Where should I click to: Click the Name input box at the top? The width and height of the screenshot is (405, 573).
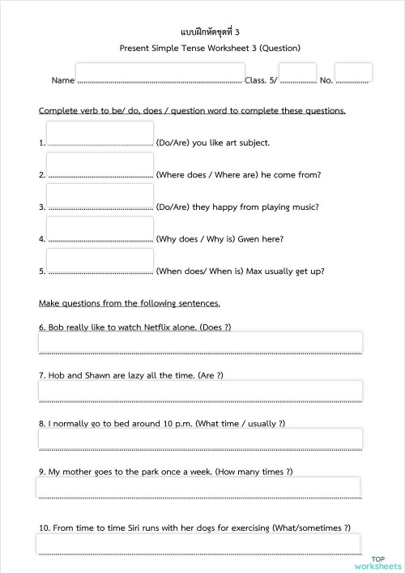(159, 73)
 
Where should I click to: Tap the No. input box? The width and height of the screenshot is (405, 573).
(353, 73)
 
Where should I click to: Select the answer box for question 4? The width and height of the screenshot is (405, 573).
(100, 230)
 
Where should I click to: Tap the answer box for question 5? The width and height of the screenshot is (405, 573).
(100, 262)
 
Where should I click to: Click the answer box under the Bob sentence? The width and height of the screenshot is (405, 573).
(200, 342)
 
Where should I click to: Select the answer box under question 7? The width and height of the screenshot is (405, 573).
(200, 391)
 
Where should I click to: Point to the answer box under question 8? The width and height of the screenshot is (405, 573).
(200, 438)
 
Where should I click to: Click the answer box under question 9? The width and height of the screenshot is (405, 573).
(198, 486)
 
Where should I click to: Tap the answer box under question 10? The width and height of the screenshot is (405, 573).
(198, 543)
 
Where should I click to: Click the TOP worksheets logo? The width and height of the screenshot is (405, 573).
(377, 562)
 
